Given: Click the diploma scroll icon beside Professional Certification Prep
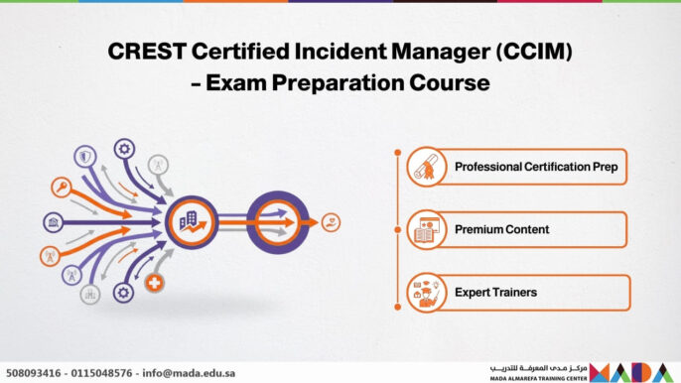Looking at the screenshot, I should point(427,167).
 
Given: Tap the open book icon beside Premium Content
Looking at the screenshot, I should point(427,230).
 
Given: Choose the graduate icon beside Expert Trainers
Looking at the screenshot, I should point(427,293).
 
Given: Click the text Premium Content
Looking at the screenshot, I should point(501,230).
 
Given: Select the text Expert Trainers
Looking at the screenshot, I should point(495,293).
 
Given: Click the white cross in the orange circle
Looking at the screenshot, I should point(154,285).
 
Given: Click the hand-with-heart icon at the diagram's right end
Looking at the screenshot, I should point(331,222).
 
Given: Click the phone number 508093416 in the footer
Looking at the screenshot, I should point(32,373).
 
